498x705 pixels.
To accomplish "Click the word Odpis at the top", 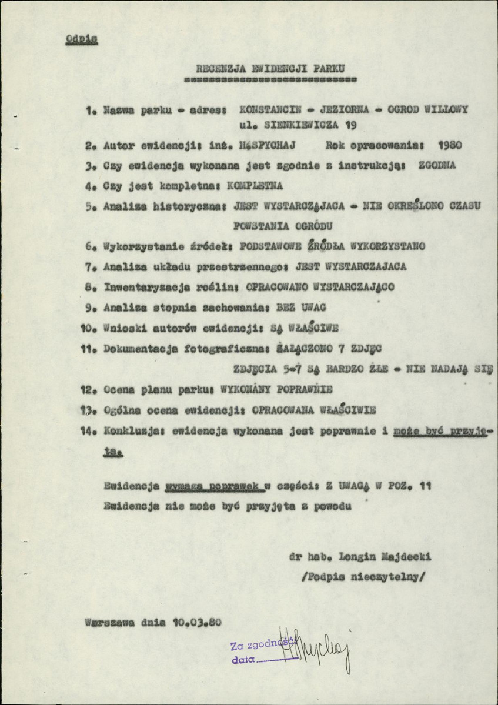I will pos(82,40).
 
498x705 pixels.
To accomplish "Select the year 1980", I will pos(450,144).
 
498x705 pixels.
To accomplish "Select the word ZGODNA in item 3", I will pos(436,166).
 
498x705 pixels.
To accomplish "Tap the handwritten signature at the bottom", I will pos(318,650).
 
